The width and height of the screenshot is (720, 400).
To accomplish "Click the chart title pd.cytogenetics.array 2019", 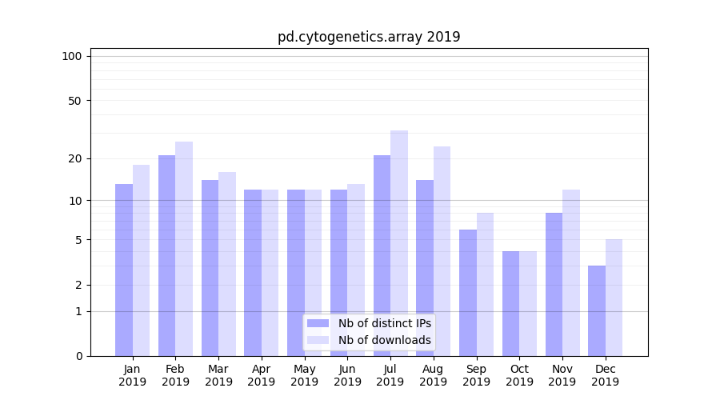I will point(369,37).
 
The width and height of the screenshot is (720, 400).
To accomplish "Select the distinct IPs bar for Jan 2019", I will point(124,270).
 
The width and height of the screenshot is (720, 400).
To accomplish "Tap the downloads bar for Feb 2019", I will point(184,249).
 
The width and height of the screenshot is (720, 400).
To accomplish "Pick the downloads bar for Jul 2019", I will point(398,243).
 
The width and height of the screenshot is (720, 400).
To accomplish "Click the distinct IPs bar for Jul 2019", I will point(382,255).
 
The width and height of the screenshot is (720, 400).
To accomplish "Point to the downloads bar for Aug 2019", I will point(442,251).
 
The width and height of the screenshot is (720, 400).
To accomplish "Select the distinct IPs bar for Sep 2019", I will point(468,293).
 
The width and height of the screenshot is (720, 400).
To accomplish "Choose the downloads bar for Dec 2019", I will point(614,298).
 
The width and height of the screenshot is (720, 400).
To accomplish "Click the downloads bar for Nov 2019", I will point(570,273).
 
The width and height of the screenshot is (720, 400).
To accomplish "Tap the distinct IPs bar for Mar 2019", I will point(210,268).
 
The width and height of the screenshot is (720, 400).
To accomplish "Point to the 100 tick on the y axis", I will point(72,56).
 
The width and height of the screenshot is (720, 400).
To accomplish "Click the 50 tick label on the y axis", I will point(75,101).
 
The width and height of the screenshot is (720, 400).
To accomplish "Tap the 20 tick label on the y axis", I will point(75,158).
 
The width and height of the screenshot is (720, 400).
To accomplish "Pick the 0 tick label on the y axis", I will point(78,356).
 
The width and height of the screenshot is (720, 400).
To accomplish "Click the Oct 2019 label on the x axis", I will point(519,375).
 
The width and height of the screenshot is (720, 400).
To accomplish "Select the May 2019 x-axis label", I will point(304,375).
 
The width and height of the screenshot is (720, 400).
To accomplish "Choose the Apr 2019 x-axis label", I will point(262,375).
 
